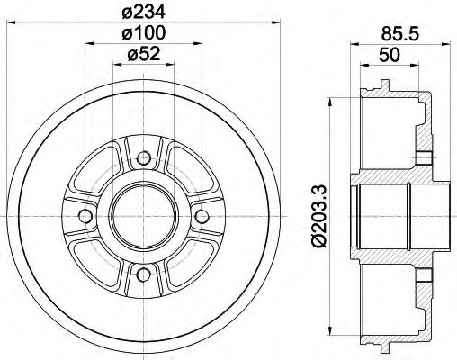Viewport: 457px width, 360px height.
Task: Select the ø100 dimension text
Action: tap(142, 33)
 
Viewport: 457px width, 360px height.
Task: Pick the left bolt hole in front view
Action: tap(86, 217)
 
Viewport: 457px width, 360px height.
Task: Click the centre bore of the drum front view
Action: tap(142, 217)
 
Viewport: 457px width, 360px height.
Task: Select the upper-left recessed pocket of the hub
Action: tap(101, 176)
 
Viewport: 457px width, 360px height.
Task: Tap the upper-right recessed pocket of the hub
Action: tap(184, 176)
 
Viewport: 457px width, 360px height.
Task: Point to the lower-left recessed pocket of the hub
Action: tap(101, 257)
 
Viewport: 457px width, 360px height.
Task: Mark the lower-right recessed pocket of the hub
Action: tap(184, 257)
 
